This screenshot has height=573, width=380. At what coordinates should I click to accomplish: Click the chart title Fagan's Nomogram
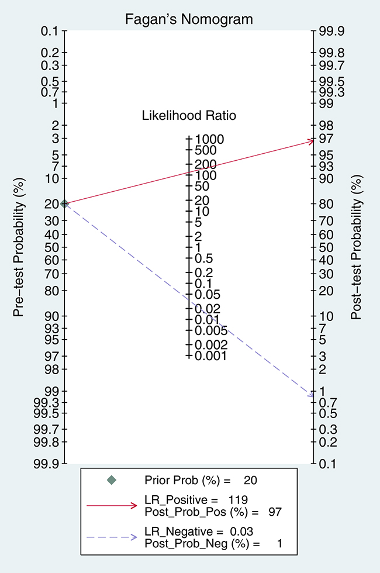pos(189,19)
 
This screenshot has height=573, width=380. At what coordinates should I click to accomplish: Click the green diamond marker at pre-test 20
pos(65,203)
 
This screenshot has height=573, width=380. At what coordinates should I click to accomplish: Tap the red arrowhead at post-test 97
pos(310,141)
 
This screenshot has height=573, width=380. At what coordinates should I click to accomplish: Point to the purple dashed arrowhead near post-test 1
pos(310,394)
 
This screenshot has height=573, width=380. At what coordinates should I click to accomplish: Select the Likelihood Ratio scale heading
pos(189,116)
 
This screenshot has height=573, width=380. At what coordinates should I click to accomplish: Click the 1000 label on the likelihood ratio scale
pos(209,139)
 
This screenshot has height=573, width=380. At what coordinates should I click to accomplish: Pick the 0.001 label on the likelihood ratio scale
pos(211,356)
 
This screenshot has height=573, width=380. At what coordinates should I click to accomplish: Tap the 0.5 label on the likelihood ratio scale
pos(203,258)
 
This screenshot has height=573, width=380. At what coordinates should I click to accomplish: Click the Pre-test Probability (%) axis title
pos(18,247)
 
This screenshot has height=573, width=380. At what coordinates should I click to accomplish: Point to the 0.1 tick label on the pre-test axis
pos(49,31)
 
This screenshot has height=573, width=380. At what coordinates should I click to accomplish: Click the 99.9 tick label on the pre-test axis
pos(46,463)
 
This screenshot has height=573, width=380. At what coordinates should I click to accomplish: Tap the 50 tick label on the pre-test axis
pos(51,247)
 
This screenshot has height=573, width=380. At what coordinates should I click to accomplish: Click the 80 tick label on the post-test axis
pos(326,204)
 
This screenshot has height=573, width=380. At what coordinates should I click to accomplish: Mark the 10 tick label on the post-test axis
pos(326,316)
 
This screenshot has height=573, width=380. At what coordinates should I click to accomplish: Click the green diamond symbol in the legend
pos(112,480)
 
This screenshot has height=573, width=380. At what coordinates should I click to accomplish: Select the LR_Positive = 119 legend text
pos(196,499)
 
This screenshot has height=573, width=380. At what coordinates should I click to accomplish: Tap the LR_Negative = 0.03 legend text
pos(199,531)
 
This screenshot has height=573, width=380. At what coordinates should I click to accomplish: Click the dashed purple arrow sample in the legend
pos(112,537)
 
